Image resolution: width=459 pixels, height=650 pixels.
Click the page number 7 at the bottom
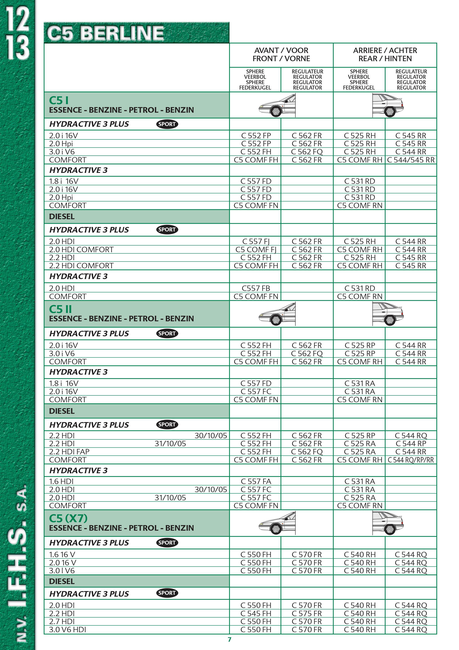tap(229, 639)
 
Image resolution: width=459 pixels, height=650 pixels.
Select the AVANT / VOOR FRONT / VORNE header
tap(281, 55)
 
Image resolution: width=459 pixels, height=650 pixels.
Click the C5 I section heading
tap(59, 100)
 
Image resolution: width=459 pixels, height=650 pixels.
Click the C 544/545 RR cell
tap(411, 160)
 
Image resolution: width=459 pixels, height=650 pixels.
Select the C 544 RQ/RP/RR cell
tap(411, 460)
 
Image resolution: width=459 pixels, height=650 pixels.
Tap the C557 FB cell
tap(256, 288)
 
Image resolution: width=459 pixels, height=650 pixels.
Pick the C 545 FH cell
tap(256, 613)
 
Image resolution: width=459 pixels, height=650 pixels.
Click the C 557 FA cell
tap(256, 481)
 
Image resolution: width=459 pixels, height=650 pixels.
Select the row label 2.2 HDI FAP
tap(69, 452)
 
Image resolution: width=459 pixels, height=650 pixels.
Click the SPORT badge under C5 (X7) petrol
tap(167, 543)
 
